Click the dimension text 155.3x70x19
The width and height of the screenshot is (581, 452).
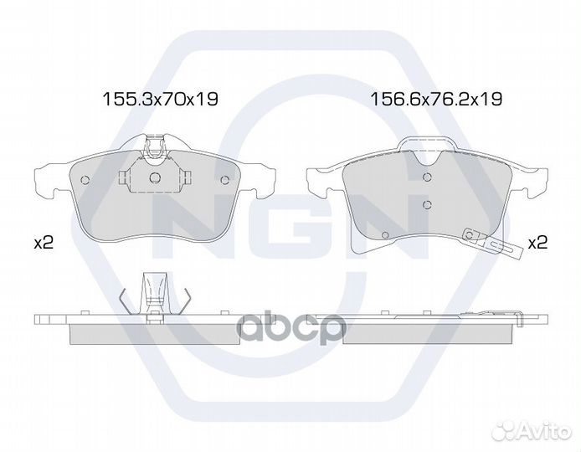click(160, 99)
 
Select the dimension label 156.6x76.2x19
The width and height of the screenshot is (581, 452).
click(436, 99)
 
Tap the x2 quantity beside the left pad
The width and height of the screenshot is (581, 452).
click(44, 243)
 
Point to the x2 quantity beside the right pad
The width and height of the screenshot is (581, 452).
click(537, 243)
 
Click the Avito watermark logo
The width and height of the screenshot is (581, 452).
click(533, 430)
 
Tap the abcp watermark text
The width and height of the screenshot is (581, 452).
click(290, 328)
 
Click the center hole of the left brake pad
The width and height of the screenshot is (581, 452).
click(155, 177)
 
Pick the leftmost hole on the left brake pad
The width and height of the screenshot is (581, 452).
click(85, 180)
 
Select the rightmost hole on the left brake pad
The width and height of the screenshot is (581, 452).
click(224, 180)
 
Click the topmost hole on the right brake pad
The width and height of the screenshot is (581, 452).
click(427, 177)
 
